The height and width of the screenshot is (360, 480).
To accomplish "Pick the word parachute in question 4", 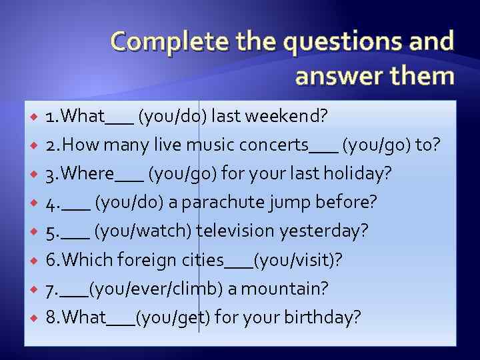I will (x=215, y=202).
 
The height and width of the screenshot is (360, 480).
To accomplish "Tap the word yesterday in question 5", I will (x=324, y=231).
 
